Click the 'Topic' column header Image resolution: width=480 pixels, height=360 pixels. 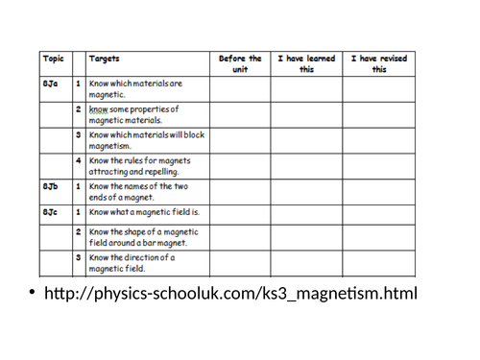tap(53, 59)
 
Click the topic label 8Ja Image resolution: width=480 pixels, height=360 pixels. tap(52, 85)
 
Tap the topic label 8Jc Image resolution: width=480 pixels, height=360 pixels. tap(52, 210)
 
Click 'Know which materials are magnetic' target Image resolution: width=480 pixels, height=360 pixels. tap(134, 90)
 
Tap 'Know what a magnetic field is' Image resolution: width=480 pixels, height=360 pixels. tap(144, 210)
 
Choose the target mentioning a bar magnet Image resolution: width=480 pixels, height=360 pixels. tap(144, 236)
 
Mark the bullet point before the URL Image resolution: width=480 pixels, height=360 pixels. tap(32, 294)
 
